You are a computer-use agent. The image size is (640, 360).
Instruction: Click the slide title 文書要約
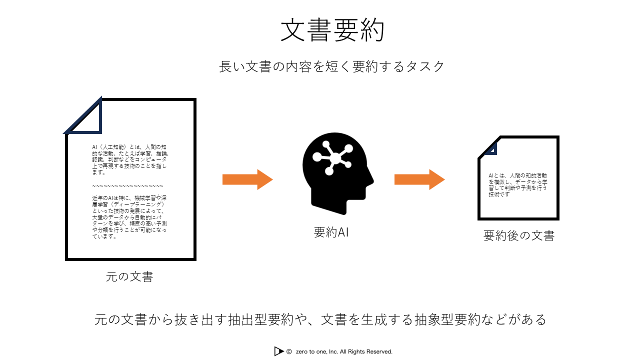pos(332,31)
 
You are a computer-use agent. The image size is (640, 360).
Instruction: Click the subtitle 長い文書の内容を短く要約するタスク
pos(331,66)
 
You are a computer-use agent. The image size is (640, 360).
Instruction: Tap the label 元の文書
pos(129,276)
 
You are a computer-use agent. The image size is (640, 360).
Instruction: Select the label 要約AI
pos(331,232)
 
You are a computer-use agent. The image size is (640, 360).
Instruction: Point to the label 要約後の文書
pos(518,235)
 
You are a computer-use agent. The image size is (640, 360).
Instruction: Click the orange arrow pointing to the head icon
pos(247,179)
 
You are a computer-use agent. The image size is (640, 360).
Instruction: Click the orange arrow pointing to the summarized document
pos(419,179)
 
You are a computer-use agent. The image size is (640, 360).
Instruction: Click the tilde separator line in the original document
pos(127,185)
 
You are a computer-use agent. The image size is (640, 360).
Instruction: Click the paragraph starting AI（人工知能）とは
pos(129,159)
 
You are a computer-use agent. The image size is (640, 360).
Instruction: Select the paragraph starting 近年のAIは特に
pos(129,217)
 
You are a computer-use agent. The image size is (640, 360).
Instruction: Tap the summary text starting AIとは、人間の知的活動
pos(517,185)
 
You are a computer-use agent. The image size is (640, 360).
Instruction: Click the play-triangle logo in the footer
pos(278,351)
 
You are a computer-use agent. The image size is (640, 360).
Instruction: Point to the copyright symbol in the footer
pos(289,351)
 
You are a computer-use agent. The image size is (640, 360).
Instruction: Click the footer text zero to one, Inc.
pos(344,351)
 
